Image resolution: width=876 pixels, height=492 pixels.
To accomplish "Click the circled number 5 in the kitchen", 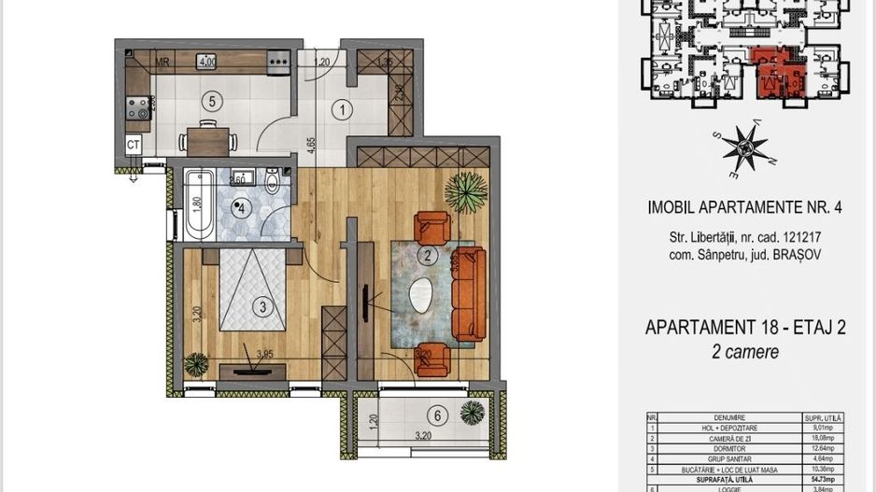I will (213, 101).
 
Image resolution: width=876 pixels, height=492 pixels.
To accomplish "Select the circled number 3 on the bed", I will (263, 305).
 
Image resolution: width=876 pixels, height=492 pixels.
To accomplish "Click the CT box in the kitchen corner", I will (134, 145).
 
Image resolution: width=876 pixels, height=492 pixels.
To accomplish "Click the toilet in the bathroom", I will (273, 181).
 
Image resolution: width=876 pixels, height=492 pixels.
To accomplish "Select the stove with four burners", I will (136, 108).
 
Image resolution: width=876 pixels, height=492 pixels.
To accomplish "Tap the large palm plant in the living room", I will (464, 191).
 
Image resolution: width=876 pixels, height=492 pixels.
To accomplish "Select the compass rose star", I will (744, 150).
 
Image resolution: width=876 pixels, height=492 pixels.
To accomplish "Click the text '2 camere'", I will (745, 352).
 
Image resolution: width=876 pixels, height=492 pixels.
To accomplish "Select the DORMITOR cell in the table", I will (725, 444).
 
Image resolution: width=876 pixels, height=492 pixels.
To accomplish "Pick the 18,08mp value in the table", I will (823, 436).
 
